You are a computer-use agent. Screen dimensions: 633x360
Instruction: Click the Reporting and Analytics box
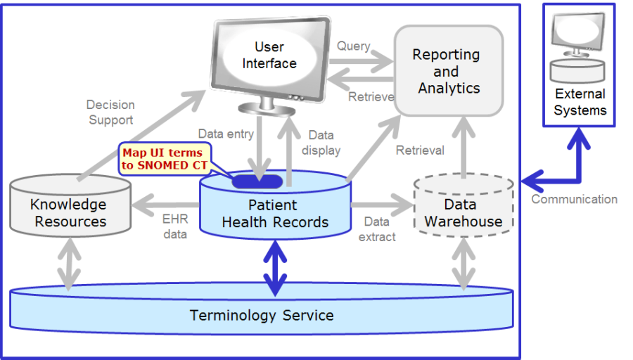click(x=449, y=71)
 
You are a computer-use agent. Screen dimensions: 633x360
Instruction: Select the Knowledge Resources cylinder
click(x=70, y=205)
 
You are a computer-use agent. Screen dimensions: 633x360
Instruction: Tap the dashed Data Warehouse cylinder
click(x=463, y=205)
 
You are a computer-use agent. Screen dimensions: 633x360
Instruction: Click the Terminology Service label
click(x=262, y=315)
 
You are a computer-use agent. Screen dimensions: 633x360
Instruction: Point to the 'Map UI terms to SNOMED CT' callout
click(x=165, y=159)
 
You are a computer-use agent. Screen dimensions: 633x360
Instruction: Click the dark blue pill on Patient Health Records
click(x=257, y=181)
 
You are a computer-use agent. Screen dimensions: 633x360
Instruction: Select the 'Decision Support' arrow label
click(x=110, y=112)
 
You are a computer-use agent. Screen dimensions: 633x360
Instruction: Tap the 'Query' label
click(x=354, y=46)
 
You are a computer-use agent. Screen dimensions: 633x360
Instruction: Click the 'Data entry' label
click(x=226, y=134)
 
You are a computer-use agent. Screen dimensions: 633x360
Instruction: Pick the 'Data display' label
click(x=321, y=143)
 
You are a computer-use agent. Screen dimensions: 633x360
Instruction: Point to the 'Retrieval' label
click(x=420, y=150)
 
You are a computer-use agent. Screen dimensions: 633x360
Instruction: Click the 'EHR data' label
click(x=175, y=226)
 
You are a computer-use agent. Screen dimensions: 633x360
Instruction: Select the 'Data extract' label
click(x=377, y=229)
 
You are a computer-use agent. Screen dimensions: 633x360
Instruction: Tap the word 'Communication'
click(x=574, y=199)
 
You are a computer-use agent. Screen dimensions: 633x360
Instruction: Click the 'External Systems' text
click(x=580, y=102)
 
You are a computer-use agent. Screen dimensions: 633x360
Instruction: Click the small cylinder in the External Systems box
click(x=577, y=70)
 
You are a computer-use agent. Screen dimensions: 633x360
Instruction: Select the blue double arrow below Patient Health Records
click(x=275, y=268)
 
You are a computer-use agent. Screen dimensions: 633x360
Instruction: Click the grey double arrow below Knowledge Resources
click(x=69, y=264)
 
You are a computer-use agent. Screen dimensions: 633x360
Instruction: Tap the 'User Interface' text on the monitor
click(x=269, y=55)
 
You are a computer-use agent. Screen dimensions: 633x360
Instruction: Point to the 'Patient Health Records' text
click(x=275, y=214)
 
